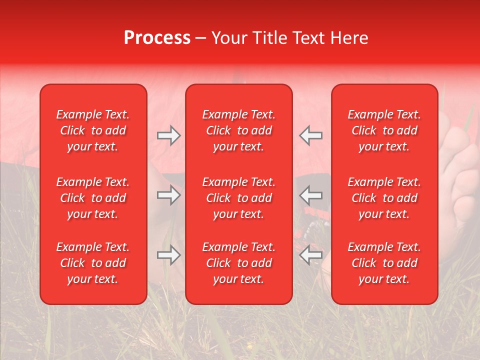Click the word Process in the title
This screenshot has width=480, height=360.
point(157,38)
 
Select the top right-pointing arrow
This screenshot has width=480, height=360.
point(168,135)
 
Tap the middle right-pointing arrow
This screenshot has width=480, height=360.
point(168,195)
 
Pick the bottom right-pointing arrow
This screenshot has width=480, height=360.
point(168,255)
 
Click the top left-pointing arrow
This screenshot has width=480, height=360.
point(310,135)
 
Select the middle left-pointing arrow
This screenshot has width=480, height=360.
point(310,195)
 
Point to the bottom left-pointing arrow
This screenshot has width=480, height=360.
point(310,255)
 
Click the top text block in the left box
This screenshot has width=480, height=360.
point(93,130)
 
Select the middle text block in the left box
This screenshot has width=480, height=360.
point(93,198)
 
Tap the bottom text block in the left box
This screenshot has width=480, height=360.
point(93,263)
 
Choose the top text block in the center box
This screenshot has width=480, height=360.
point(239,130)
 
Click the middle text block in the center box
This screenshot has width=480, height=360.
point(239,198)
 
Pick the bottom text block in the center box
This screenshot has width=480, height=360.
point(239,263)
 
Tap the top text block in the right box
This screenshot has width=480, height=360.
point(384,130)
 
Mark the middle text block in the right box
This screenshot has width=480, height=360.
point(384,198)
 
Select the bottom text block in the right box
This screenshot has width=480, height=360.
point(384,263)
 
